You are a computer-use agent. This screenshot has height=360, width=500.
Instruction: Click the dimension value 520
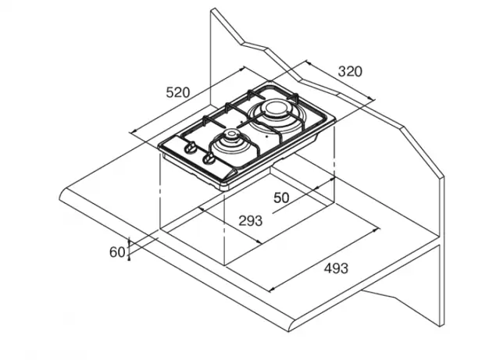(178, 92)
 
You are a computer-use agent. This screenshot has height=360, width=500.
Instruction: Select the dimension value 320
(350, 71)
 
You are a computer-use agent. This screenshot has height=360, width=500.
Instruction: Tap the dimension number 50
(281, 198)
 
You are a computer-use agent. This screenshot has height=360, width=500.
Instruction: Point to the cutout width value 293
(251, 221)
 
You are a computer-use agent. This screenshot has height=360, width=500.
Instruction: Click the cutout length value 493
(336, 268)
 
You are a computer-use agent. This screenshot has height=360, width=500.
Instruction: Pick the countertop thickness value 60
(117, 252)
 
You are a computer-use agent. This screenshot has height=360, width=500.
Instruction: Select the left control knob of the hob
(191, 148)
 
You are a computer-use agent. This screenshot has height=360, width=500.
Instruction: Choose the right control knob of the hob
(209, 158)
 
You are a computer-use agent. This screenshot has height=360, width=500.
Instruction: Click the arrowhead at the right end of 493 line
(377, 230)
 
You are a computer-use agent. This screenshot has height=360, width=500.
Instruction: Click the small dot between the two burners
(241, 122)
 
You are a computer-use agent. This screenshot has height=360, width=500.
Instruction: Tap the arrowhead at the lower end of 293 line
(259, 241)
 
